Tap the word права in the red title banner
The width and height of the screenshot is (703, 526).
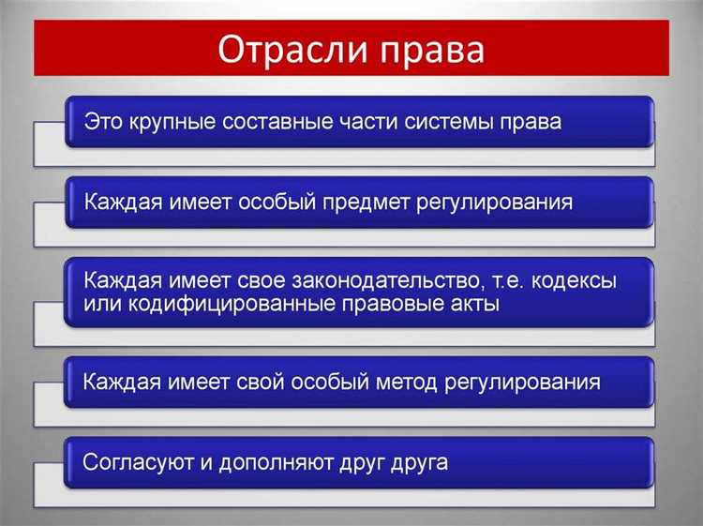point(430,49)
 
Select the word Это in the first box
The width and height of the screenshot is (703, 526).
point(102,122)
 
